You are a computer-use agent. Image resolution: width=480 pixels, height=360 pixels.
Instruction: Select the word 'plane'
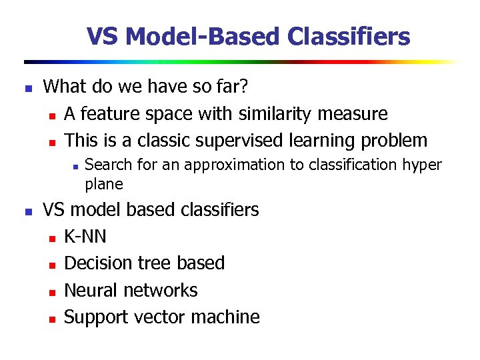tap(104, 183)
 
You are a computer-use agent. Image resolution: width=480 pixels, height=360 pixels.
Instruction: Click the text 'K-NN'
tap(85, 237)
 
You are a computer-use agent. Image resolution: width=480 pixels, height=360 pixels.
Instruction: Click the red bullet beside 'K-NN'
tap(52, 238)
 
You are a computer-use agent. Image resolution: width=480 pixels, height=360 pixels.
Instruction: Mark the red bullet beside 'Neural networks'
tap(52, 291)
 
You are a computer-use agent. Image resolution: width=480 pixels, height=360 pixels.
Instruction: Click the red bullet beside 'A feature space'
tap(52, 115)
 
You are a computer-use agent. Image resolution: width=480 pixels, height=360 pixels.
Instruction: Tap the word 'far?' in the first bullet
tap(235, 87)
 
